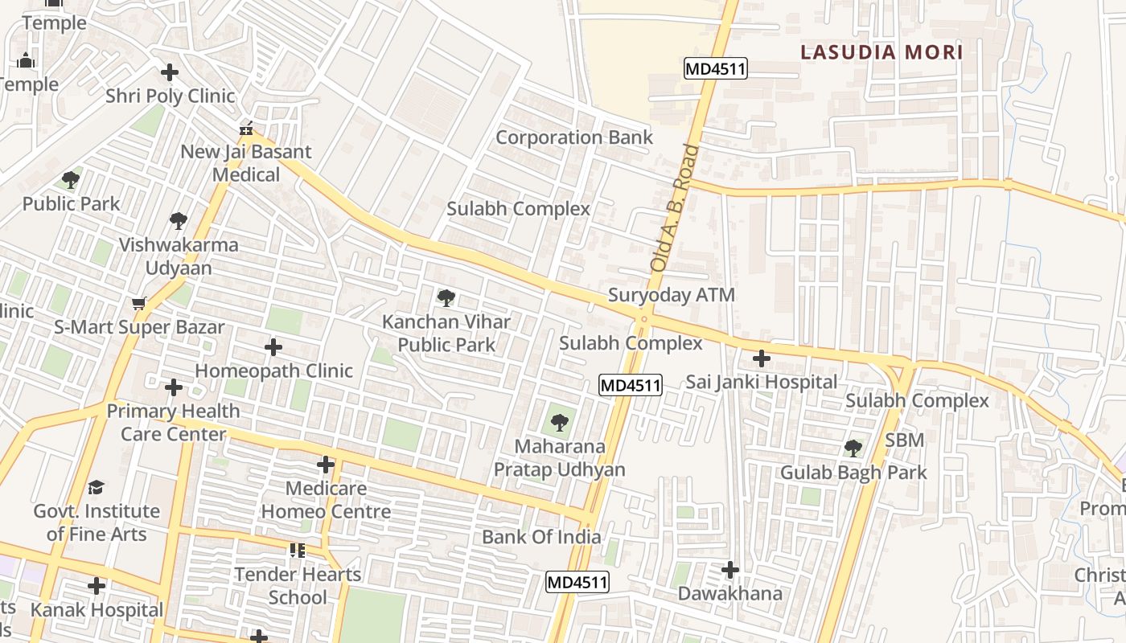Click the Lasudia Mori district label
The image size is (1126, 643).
pos(881,53)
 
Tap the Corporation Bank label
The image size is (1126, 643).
pos(574,137)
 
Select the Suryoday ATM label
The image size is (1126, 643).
pos(671,295)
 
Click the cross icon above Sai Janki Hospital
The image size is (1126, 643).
pos(761,358)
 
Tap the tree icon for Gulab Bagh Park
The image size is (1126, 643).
pos(853,448)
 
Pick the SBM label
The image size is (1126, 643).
pos(904,440)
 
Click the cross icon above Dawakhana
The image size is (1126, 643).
pos(729,570)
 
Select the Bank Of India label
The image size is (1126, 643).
pos(541,537)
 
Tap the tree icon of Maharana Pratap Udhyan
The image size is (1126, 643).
pos(559,422)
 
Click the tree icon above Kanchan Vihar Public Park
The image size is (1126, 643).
pos(446,298)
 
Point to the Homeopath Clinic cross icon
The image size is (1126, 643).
pos(273,347)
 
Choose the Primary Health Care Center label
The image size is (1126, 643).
pos(174,423)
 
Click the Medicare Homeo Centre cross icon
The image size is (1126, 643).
pos(326,465)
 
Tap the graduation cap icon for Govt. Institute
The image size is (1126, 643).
pos(97,487)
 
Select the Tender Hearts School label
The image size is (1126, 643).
pos(298,586)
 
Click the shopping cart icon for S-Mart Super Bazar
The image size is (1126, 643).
pos(138,303)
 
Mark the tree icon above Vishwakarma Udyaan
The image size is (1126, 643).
pos(179,221)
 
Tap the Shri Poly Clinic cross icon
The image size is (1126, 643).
pos(170,72)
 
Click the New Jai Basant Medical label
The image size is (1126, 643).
pos(246,163)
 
